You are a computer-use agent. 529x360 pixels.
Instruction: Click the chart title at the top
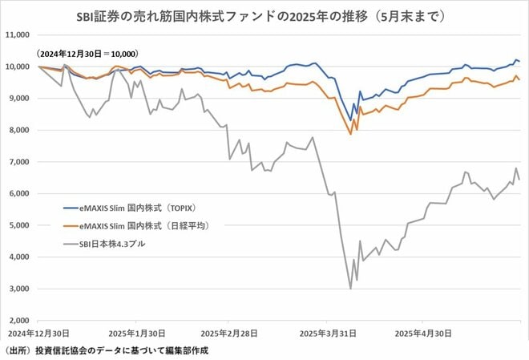pyautogui.click(x=264, y=14)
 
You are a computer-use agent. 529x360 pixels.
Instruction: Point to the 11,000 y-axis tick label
pyautogui.click(x=17, y=35)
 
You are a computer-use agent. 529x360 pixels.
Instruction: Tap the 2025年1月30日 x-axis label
pyautogui.click(x=138, y=332)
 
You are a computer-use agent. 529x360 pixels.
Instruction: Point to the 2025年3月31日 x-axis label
pyautogui.click(x=325, y=332)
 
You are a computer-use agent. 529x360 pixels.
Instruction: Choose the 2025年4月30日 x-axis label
pyautogui.click(x=422, y=332)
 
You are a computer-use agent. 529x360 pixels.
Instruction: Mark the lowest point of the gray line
pyautogui.click(x=350, y=289)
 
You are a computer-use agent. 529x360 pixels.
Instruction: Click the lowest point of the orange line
pyautogui.click(x=350, y=134)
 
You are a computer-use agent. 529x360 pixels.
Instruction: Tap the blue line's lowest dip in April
pyautogui.click(x=350, y=120)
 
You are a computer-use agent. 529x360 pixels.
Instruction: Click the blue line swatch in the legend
pyautogui.click(x=75, y=207)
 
